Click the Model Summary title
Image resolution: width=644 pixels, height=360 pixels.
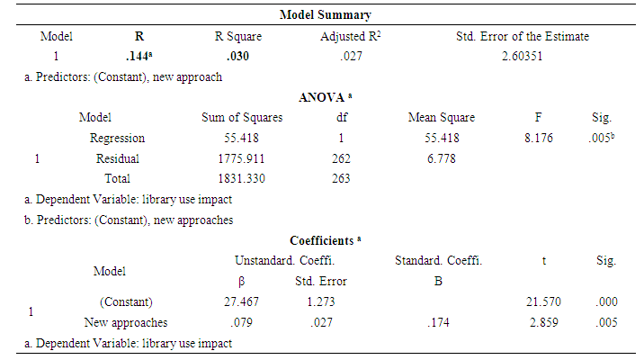(326, 15)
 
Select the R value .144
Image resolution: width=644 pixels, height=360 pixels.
(137, 56)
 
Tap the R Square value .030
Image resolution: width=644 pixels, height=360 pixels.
(237, 56)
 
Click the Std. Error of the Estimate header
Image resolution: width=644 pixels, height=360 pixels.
(523, 37)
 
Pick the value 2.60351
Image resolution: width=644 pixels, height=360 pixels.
(522, 56)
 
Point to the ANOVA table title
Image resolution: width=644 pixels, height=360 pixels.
(326, 97)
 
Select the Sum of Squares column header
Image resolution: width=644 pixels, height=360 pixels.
(242, 118)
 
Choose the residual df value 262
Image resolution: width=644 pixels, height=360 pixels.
(342, 158)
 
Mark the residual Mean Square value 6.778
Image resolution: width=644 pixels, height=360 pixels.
(441, 158)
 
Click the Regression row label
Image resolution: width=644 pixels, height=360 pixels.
(117, 139)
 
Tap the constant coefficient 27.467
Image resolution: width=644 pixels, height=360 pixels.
(242, 301)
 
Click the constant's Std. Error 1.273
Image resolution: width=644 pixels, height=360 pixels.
(321, 301)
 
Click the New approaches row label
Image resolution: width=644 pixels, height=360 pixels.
(126, 321)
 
